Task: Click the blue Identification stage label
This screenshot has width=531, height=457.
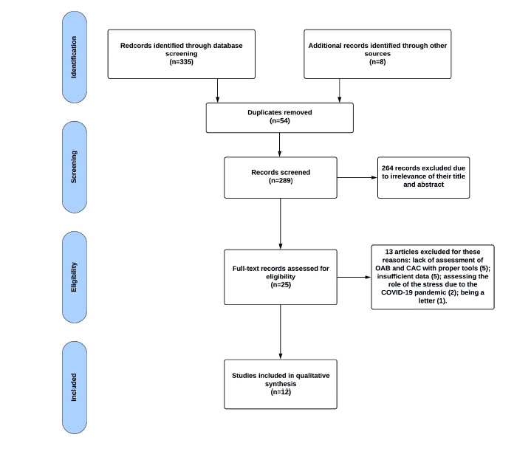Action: [x=75, y=57]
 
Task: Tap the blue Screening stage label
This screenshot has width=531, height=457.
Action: [x=75, y=167]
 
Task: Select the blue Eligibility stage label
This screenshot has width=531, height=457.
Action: [x=75, y=277]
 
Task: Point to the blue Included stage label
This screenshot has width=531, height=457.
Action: [x=75, y=388]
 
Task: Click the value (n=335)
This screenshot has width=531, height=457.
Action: [x=182, y=62]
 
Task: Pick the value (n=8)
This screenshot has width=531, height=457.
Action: [x=377, y=62]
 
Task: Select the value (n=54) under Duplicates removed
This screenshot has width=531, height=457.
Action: [x=280, y=121]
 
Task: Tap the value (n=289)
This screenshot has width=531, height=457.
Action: [x=281, y=180]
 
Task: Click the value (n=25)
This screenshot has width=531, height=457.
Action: [x=281, y=285]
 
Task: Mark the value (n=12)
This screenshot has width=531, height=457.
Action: [x=281, y=392]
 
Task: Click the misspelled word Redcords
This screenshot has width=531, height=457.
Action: [x=135, y=45]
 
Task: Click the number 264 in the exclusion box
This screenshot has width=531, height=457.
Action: [x=388, y=168]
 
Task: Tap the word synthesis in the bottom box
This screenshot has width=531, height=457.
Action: [x=281, y=384]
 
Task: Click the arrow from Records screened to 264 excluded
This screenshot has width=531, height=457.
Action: [x=357, y=177]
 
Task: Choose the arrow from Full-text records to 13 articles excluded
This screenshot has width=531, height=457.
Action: [x=354, y=278]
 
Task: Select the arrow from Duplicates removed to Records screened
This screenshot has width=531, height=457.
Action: [x=280, y=145]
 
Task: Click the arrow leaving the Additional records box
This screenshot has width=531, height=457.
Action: [x=339, y=91]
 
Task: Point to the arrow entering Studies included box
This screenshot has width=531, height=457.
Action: [x=281, y=331]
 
